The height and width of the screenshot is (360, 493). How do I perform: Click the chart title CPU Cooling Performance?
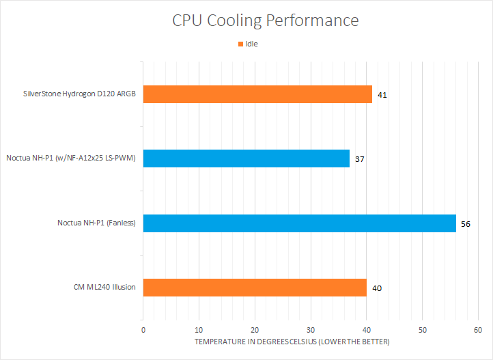[265, 20]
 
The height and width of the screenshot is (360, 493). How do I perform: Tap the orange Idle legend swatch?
[240, 44]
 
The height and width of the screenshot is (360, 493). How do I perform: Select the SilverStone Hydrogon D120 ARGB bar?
[257, 94]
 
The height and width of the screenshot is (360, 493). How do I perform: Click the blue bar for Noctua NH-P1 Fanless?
[299, 223]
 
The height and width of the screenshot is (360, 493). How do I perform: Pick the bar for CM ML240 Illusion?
[255, 288]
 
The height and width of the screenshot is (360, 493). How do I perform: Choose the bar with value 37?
[246, 158]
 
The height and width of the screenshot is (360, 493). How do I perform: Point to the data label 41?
[382, 95]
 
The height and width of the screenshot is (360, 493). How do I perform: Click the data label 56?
[466, 223]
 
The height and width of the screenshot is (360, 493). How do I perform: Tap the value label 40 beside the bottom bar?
[377, 288]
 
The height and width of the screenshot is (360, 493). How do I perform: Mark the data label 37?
[360, 159]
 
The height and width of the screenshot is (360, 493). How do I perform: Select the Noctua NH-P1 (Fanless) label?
[96, 223]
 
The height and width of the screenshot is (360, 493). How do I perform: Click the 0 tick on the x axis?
[143, 329]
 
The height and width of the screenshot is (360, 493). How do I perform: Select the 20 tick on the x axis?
[255, 329]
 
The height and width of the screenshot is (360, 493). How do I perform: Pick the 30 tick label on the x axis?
[311, 329]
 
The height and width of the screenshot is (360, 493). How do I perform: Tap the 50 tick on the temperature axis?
[422, 329]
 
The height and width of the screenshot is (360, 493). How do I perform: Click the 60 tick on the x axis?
[478, 329]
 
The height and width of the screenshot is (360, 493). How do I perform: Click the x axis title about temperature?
[292, 341]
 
